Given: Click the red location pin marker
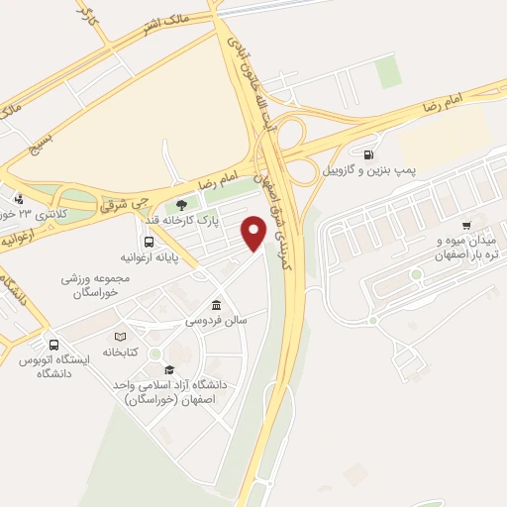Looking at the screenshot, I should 254,234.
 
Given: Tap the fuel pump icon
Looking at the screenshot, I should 368,154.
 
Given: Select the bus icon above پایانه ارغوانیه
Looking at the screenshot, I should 149,241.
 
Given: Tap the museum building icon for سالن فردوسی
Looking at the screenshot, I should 217,306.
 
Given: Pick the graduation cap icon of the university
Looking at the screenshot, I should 170,369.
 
